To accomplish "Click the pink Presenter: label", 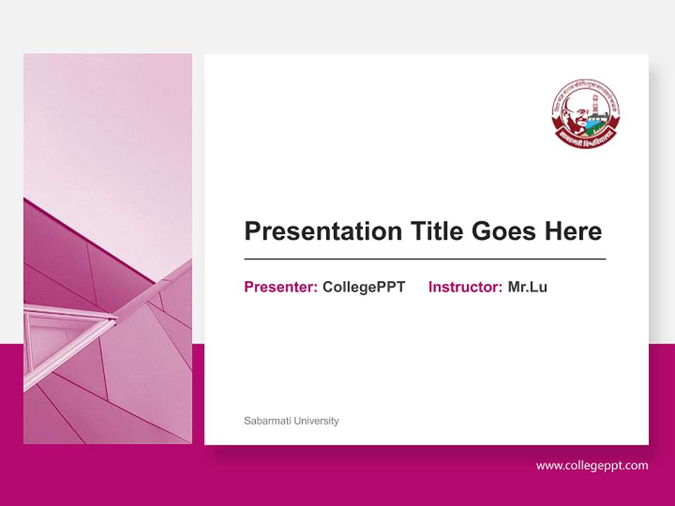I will pyautogui.click(x=281, y=287).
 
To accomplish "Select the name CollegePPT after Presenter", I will pyautogui.click(x=364, y=287).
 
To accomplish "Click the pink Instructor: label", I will pyautogui.click(x=465, y=287).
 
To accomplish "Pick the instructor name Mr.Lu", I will pyautogui.click(x=527, y=287).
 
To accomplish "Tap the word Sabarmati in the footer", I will pyautogui.click(x=267, y=421).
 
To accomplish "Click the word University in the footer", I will pyautogui.click(x=316, y=421).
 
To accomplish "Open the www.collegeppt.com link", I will pyautogui.click(x=592, y=465).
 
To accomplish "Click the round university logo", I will pyautogui.click(x=586, y=112).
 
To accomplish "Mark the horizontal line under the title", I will pyautogui.click(x=425, y=259).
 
